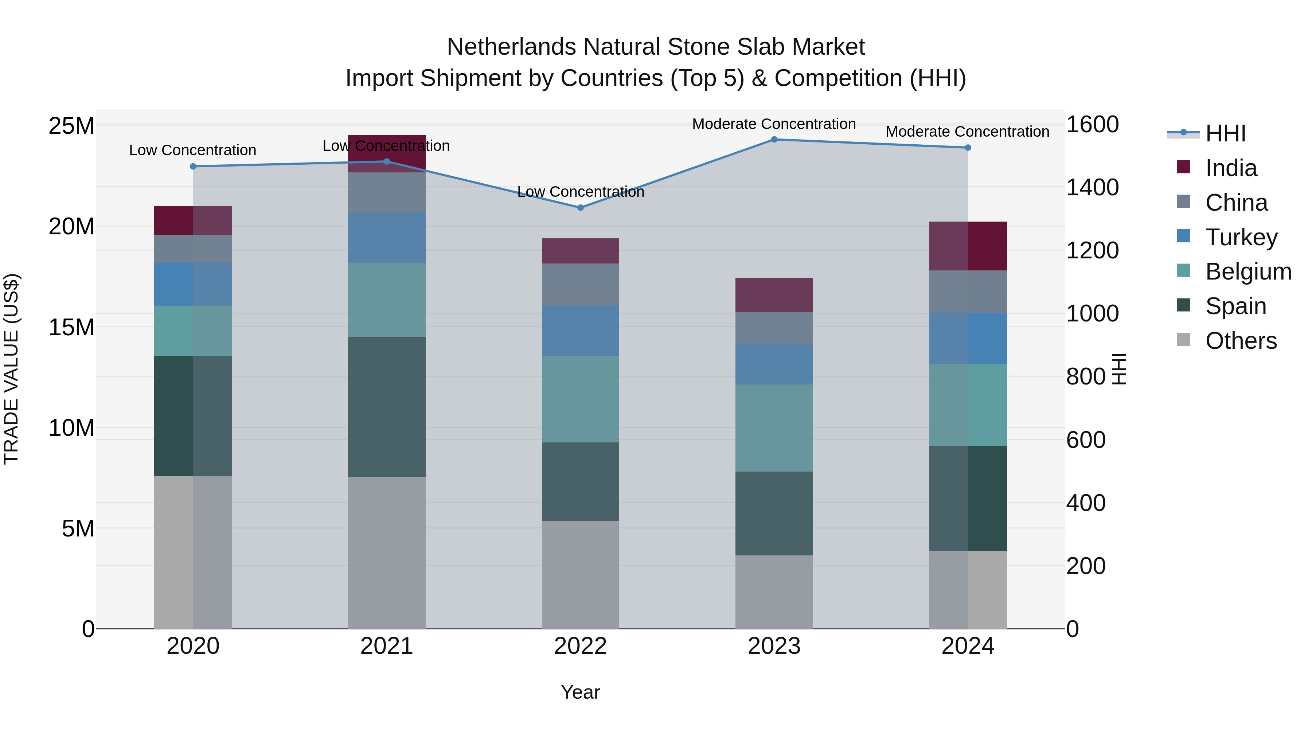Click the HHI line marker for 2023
click(774, 140)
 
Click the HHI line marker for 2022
click(580, 208)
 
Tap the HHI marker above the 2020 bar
click(193, 167)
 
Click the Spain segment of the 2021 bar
click(387, 407)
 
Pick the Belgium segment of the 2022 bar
click(580, 399)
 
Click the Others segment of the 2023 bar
click(774, 592)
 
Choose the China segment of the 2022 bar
click(580, 284)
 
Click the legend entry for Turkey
click(1241, 237)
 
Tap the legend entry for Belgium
click(1248, 272)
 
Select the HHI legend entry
click(1225, 133)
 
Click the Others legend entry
click(1241, 341)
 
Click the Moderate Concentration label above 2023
click(774, 124)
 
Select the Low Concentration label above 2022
click(580, 192)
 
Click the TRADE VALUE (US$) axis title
click(11, 369)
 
